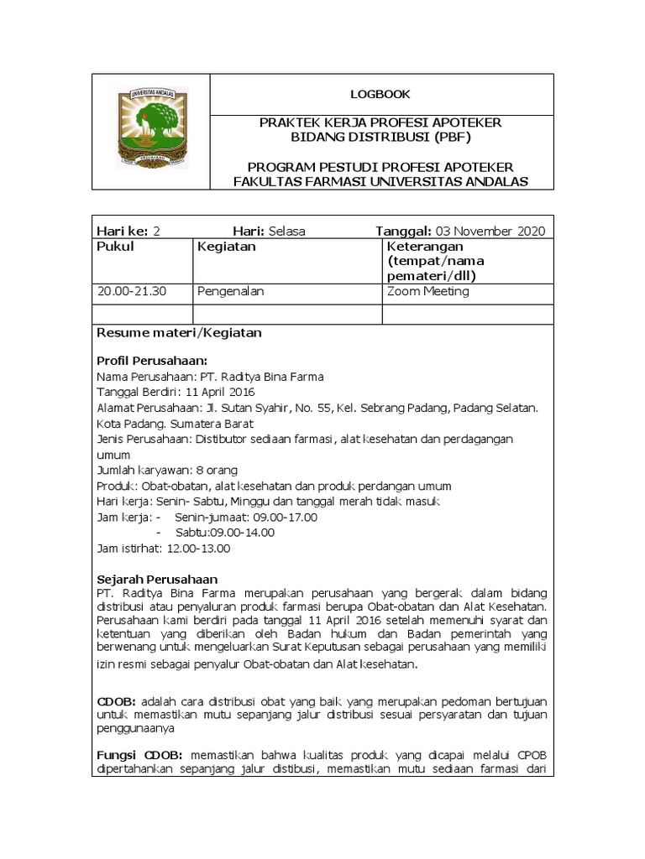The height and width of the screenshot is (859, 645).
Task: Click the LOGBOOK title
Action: click(380, 94)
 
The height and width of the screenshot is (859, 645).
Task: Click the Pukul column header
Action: click(116, 247)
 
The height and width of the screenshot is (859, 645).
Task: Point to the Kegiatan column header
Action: click(226, 247)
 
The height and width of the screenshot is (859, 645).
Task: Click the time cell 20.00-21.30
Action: click(133, 291)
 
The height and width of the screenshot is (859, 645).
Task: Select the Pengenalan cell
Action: click(231, 291)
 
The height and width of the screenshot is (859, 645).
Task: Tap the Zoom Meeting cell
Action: click(428, 291)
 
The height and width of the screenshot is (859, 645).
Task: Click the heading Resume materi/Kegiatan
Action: click(180, 332)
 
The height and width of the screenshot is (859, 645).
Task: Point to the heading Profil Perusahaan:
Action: click(152, 361)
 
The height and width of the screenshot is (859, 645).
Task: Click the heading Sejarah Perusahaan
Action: click(157, 580)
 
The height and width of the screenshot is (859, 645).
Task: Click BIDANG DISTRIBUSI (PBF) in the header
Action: click(380, 137)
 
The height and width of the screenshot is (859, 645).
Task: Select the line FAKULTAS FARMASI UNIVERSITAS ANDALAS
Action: click(380, 182)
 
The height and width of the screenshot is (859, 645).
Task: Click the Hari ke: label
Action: click(123, 231)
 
